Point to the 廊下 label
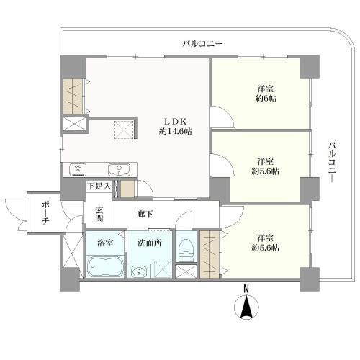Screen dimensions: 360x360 tap(145, 214)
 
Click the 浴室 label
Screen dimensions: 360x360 tap(104, 243)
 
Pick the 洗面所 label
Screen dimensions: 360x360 tap(149, 243)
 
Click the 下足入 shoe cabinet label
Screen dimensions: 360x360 tap(99, 186)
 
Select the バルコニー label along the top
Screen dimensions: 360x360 tap(202, 44)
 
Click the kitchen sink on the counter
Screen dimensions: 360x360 tap(118, 170)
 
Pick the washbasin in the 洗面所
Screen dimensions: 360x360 tap(138, 271)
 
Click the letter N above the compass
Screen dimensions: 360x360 tap(246, 289)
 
